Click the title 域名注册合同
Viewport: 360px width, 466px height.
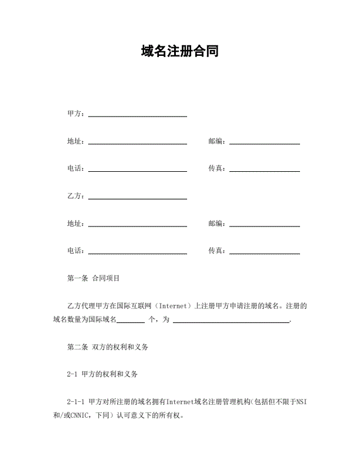[180, 51]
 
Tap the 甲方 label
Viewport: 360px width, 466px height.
[75, 114]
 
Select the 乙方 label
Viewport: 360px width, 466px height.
[75, 196]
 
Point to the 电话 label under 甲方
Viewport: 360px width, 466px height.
[75, 168]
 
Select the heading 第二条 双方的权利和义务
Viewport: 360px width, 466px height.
[108, 347]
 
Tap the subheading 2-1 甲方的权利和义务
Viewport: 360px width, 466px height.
[103, 374]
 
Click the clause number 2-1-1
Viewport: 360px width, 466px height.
[76, 402]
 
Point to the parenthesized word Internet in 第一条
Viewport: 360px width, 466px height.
[174, 306]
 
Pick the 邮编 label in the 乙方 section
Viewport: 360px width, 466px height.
[216, 224]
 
